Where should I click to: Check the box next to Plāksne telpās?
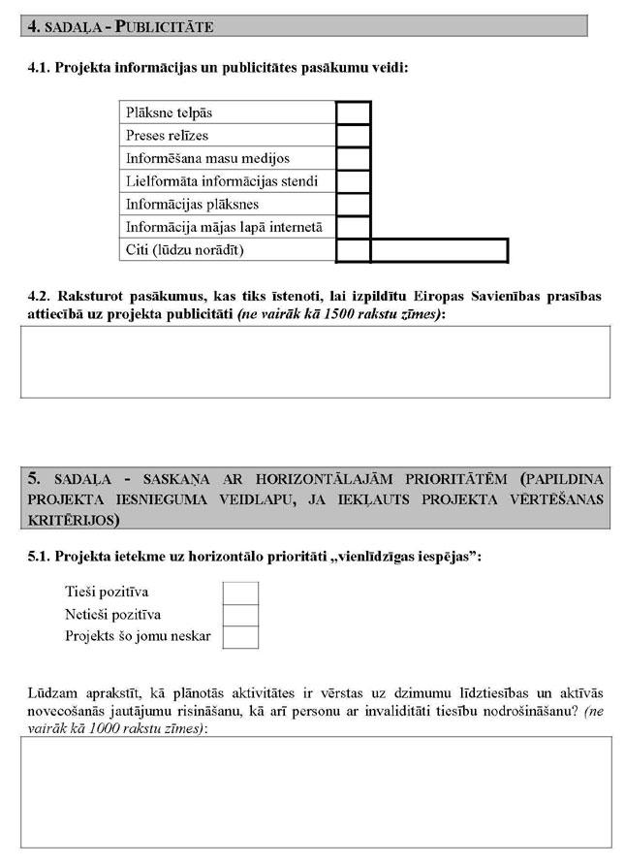[x=354, y=112]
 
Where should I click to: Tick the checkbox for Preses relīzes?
[x=354, y=135]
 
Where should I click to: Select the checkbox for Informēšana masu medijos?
[x=354, y=158]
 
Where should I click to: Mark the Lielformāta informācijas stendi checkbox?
[x=354, y=181]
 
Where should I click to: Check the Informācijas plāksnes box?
[x=354, y=205]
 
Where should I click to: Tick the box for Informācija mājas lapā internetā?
[x=354, y=228]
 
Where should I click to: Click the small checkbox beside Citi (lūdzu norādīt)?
[x=354, y=250]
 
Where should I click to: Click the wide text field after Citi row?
[x=439, y=250]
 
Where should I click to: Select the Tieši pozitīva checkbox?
[x=240, y=593]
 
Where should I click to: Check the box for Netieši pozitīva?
[x=240, y=615]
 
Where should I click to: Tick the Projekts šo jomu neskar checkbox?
[x=240, y=637]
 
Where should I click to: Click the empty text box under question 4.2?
[x=316, y=362]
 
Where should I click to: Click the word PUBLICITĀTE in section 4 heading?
[x=165, y=27]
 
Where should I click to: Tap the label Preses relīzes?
[x=167, y=135]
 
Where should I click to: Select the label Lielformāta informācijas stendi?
[x=222, y=181]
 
